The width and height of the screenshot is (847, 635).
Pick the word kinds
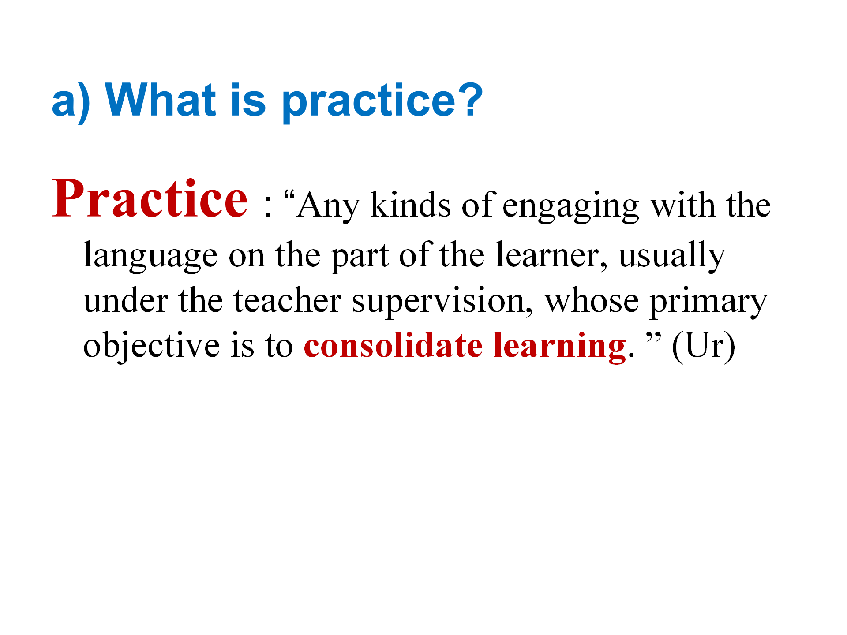(411, 205)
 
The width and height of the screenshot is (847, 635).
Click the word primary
(708, 302)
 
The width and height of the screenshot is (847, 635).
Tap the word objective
(151, 346)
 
